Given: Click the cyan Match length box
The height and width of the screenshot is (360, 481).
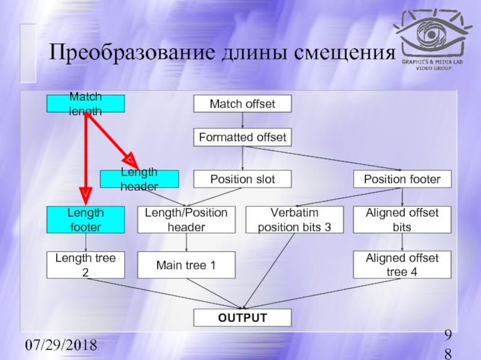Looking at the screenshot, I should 86,104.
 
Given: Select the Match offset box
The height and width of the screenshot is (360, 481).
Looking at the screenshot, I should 242,104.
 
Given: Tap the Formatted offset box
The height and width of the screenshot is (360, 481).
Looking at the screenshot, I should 242,137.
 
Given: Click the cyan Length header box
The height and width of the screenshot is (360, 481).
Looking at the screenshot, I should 139,179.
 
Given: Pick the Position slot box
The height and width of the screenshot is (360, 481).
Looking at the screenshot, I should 242,179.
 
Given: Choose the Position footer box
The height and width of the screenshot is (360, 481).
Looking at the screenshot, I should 402,179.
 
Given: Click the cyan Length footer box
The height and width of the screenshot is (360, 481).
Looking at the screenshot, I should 86,220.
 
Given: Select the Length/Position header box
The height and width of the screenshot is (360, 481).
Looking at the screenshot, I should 186,220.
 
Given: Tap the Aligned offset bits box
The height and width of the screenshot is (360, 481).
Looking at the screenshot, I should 402,220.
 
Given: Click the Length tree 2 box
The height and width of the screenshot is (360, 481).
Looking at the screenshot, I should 86,265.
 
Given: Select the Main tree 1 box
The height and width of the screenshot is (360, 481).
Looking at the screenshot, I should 186,265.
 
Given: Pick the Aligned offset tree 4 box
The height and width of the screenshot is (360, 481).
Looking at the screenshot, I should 402,265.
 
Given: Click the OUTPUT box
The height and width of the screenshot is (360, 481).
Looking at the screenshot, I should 242,317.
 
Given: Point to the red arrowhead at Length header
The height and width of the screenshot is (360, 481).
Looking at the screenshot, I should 130,159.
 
